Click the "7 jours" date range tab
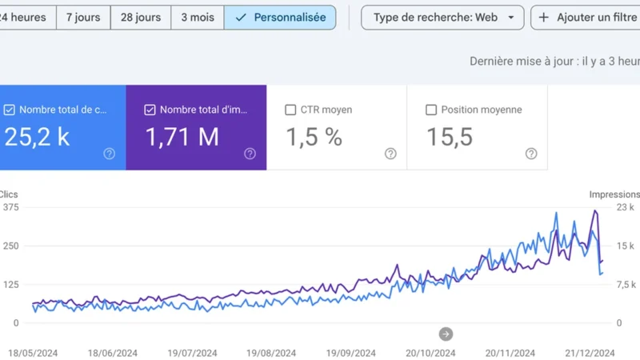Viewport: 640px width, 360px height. click(x=83, y=17)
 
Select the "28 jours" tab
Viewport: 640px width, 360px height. click(x=140, y=17)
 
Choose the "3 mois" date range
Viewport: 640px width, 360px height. click(x=197, y=17)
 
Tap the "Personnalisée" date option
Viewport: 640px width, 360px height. click(x=280, y=17)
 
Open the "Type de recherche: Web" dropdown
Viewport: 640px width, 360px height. click(x=442, y=17)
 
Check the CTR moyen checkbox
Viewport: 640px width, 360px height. click(x=290, y=110)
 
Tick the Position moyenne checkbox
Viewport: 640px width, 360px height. click(x=431, y=110)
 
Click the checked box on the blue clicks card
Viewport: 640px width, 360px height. click(x=10, y=110)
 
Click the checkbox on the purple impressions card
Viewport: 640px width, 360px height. click(x=150, y=110)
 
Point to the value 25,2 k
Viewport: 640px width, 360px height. click(x=37, y=137)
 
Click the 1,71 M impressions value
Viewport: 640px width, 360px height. click(x=182, y=137)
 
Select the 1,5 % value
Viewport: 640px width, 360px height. click(x=314, y=137)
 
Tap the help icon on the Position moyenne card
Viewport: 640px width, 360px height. click(x=531, y=154)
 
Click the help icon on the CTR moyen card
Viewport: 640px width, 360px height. click(x=390, y=154)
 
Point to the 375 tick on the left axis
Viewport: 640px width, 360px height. click(x=10, y=207)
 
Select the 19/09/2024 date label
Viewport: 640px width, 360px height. click(x=352, y=353)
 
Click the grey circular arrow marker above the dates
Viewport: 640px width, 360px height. click(x=446, y=334)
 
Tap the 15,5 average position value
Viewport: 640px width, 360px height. click(x=450, y=137)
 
